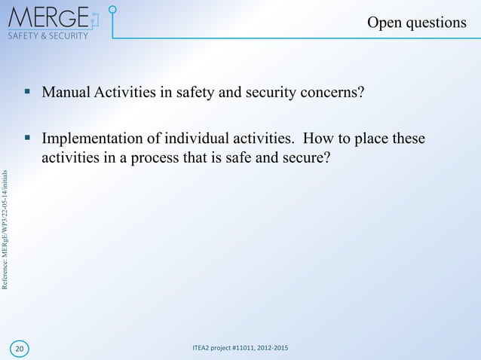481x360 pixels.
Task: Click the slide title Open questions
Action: pyautogui.click(x=416, y=23)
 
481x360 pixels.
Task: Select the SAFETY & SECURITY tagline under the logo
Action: pyautogui.click(x=47, y=35)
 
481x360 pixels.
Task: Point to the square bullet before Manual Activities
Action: pyautogui.click(x=27, y=92)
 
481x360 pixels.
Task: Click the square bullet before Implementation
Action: pyautogui.click(x=27, y=139)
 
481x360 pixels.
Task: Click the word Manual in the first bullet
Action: pyautogui.click(x=66, y=93)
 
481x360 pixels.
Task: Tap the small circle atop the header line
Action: pyautogui.click(x=112, y=11)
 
